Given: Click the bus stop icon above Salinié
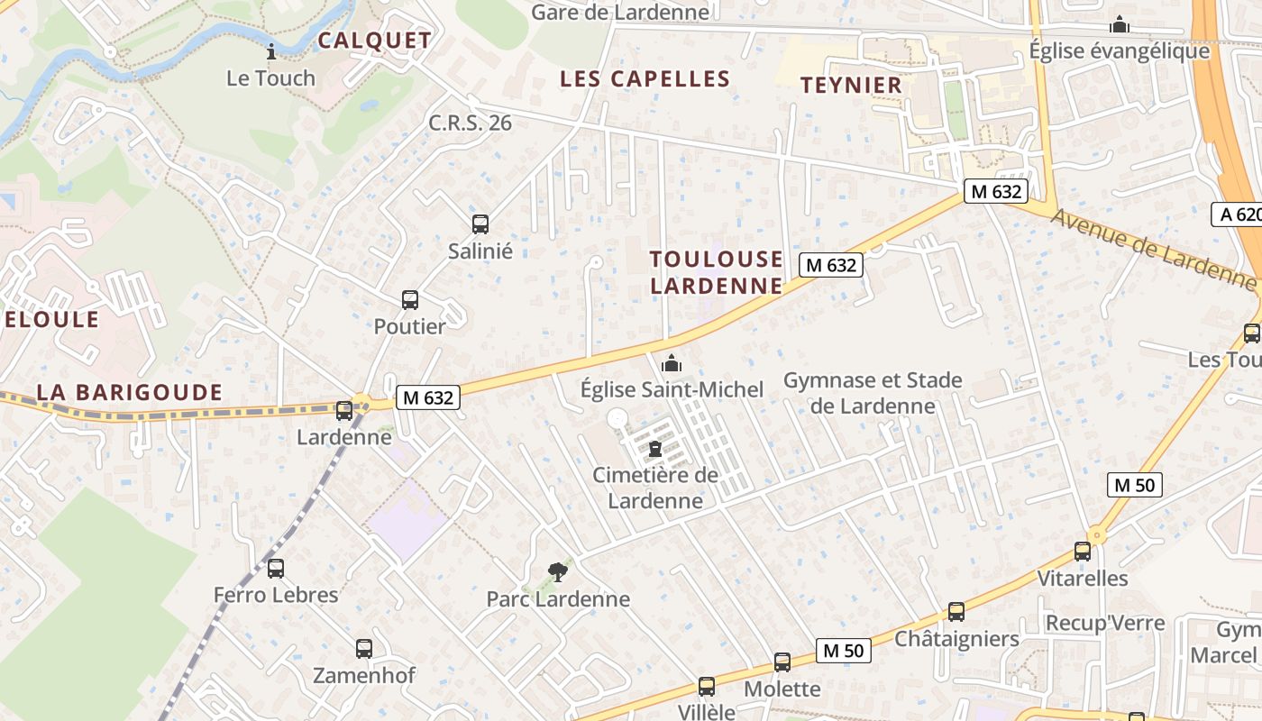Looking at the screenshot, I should click(480, 224).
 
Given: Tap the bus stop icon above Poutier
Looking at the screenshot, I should click(410, 300).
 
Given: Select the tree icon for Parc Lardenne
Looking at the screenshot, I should click(558, 571).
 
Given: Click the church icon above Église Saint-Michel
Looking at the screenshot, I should click(672, 363).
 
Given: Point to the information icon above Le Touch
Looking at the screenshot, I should click(270, 51).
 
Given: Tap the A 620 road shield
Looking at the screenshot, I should click(1238, 214).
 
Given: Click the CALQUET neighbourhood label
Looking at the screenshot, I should click(374, 41).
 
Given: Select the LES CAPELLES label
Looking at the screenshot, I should click(645, 78).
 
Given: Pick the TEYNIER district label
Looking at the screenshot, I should click(851, 86).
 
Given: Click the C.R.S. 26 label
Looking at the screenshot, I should click(470, 123).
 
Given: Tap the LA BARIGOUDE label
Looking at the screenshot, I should click(129, 392).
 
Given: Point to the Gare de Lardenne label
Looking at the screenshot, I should click(619, 12).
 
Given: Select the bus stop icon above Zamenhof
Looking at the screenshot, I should click(364, 648).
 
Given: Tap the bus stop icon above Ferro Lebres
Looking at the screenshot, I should click(276, 569).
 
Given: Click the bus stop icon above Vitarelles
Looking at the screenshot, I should click(1083, 552).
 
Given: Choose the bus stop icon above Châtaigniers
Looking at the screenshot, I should click(956, 612).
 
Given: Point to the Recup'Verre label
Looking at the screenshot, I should click(1104, 623).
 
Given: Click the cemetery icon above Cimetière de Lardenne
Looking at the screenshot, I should click(655, 449).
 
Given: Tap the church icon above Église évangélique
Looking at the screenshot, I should click(1120, 24).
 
